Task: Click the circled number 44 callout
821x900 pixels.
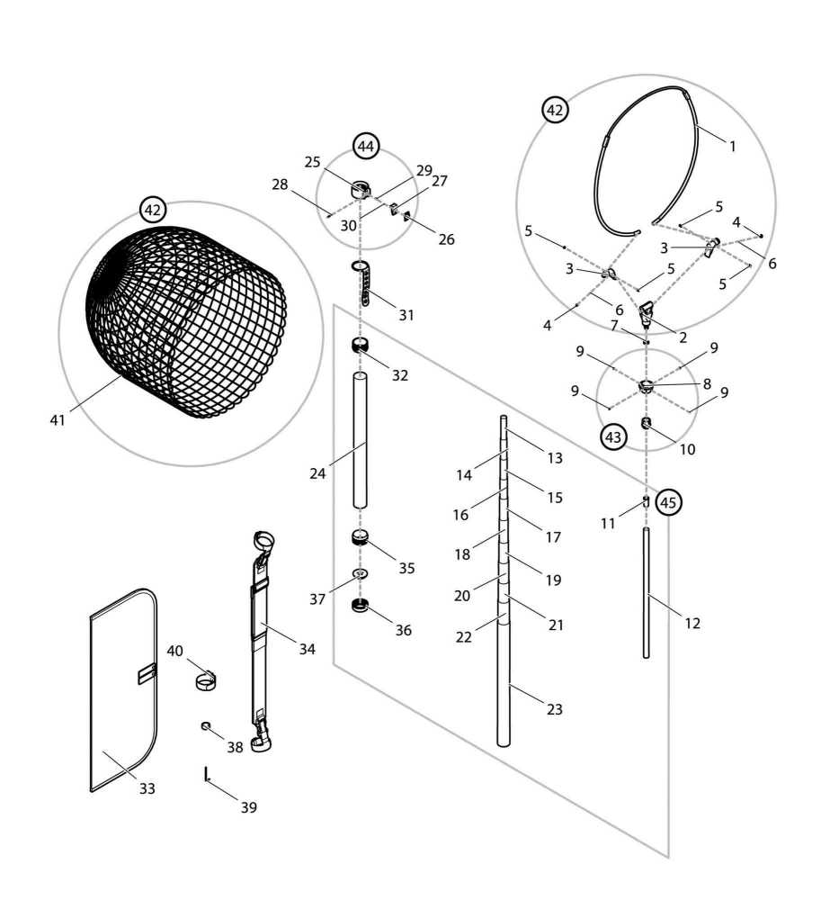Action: (365, 145)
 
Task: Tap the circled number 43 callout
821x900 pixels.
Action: (612, 437)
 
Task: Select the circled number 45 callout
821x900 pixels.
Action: (667, 502)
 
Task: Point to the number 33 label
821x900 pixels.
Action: (147, 788)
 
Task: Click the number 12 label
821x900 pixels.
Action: (692, 623)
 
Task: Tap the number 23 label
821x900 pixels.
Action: (554, 709)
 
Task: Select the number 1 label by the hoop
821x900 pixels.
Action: (732, 146)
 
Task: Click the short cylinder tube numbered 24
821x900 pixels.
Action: (360, 441)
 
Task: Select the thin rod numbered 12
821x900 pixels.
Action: (646, 594)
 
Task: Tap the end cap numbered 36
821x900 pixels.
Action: (360, 606)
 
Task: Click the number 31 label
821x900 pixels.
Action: (406, 315)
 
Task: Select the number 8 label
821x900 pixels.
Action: (707, 383)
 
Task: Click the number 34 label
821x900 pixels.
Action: (308, 648)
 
